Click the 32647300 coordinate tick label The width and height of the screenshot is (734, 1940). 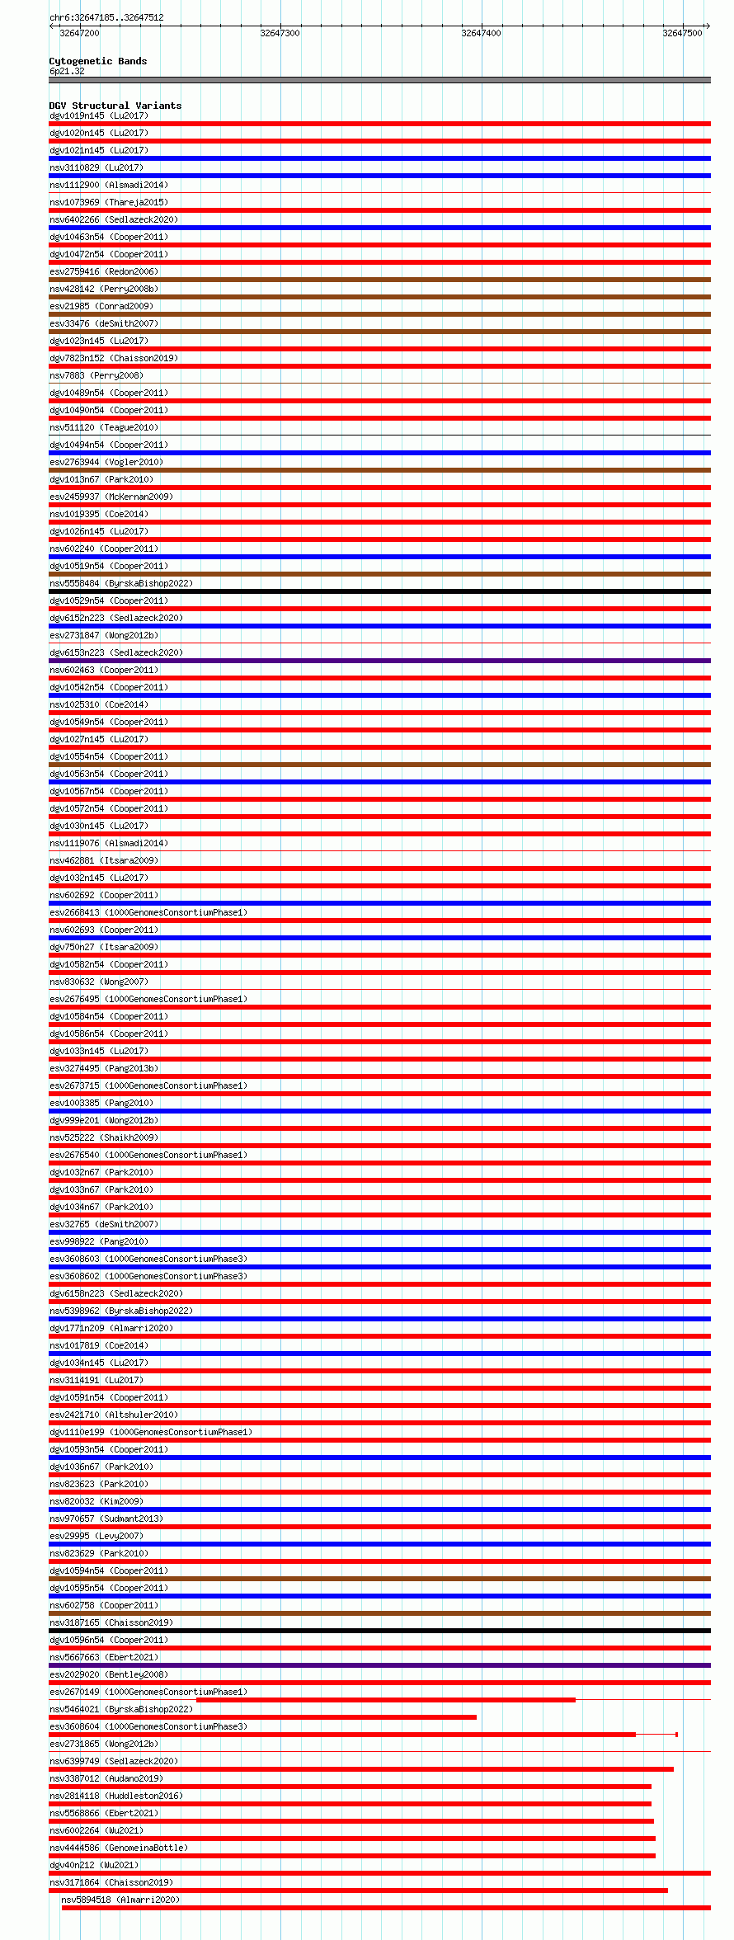pos(280,33)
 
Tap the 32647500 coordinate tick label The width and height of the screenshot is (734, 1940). pos(682,33)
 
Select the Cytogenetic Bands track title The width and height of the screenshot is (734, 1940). pos(98,61)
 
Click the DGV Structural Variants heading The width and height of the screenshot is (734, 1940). pos(115,106)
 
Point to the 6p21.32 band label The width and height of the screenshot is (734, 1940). pos(67,71)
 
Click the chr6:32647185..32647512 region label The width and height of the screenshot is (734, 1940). pos(106,17)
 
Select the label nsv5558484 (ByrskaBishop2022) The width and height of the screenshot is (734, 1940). pos(121,583)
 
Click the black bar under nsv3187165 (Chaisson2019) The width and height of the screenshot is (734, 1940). pos(379,1631)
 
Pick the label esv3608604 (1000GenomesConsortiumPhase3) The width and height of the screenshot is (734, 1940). pos(148,1726)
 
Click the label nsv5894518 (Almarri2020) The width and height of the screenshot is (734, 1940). pos(120,1900)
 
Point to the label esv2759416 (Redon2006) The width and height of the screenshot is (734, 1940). pos(104,271)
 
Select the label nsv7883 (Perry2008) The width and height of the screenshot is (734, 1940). pos(96,375)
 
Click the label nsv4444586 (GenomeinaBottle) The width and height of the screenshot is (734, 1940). pos(119,1848)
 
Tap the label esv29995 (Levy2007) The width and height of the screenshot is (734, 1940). pos(96,1536)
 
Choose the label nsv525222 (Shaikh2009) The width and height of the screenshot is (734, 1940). pos(104,1137)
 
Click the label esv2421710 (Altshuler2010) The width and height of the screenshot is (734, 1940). pos(114,1415)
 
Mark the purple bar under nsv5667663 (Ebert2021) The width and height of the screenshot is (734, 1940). pos(379,1665)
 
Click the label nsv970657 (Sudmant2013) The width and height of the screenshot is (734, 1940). pos(106,1519)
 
